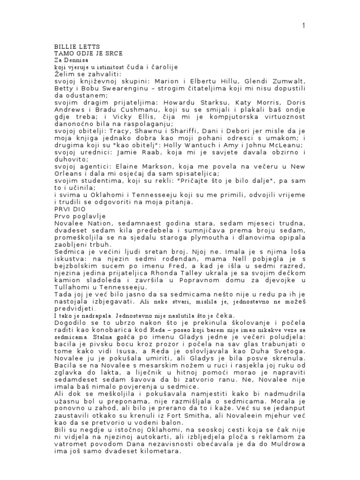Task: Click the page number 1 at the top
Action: coord(303,26)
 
